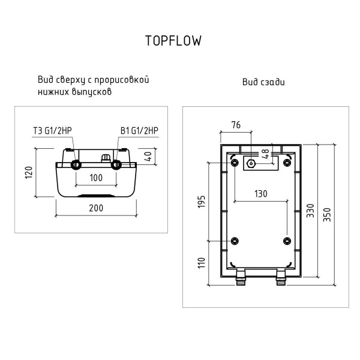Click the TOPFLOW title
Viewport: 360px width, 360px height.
click(173, 41)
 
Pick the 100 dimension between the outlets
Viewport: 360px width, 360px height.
click(95, 178)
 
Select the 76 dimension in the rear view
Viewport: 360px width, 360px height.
click(236, 125)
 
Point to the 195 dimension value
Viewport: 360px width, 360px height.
click(202, 202)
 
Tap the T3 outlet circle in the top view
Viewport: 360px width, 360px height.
click(75, 165)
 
